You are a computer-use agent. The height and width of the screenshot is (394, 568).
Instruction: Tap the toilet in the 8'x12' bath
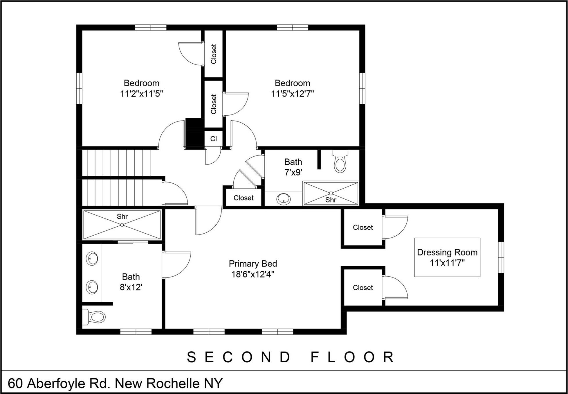[x=95, y=317]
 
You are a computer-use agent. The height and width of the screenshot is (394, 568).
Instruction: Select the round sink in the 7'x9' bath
[x=283, y=199]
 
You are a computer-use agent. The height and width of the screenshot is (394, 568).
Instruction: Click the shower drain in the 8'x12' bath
[x=122, y=225]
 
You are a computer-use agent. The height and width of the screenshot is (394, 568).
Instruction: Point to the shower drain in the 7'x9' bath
[x=331, y=193]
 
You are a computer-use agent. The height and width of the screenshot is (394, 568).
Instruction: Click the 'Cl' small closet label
[x=214, y=139]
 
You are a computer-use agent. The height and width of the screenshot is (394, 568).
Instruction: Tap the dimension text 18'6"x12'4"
[x=253, y=274]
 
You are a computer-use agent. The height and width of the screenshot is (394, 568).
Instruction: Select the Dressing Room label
[x=447, y=252]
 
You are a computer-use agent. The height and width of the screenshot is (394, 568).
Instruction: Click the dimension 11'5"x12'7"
[x=292, y=94]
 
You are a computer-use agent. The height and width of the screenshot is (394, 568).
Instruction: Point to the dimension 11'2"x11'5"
[x=142, y=94]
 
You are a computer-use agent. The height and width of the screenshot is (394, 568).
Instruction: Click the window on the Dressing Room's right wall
[x=501, y=257]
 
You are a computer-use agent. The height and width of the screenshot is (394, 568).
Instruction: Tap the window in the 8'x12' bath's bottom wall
[x=136, y=332]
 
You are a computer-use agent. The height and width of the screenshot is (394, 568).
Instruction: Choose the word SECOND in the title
[x=239, y=357]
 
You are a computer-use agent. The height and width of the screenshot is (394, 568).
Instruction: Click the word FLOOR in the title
[x=353, y=357]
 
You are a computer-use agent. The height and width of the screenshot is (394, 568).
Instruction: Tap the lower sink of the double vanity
[x=92, y=287]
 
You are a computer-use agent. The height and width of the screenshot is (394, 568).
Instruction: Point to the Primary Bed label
[x=253, y=264]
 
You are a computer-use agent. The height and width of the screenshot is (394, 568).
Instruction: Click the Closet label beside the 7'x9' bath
[x=244, y=198]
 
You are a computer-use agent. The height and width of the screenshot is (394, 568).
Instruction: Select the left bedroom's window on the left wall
[x=79, y=88]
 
